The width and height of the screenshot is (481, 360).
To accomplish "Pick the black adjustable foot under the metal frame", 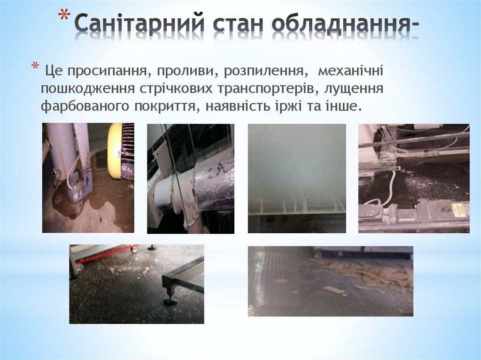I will [170, 299].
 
